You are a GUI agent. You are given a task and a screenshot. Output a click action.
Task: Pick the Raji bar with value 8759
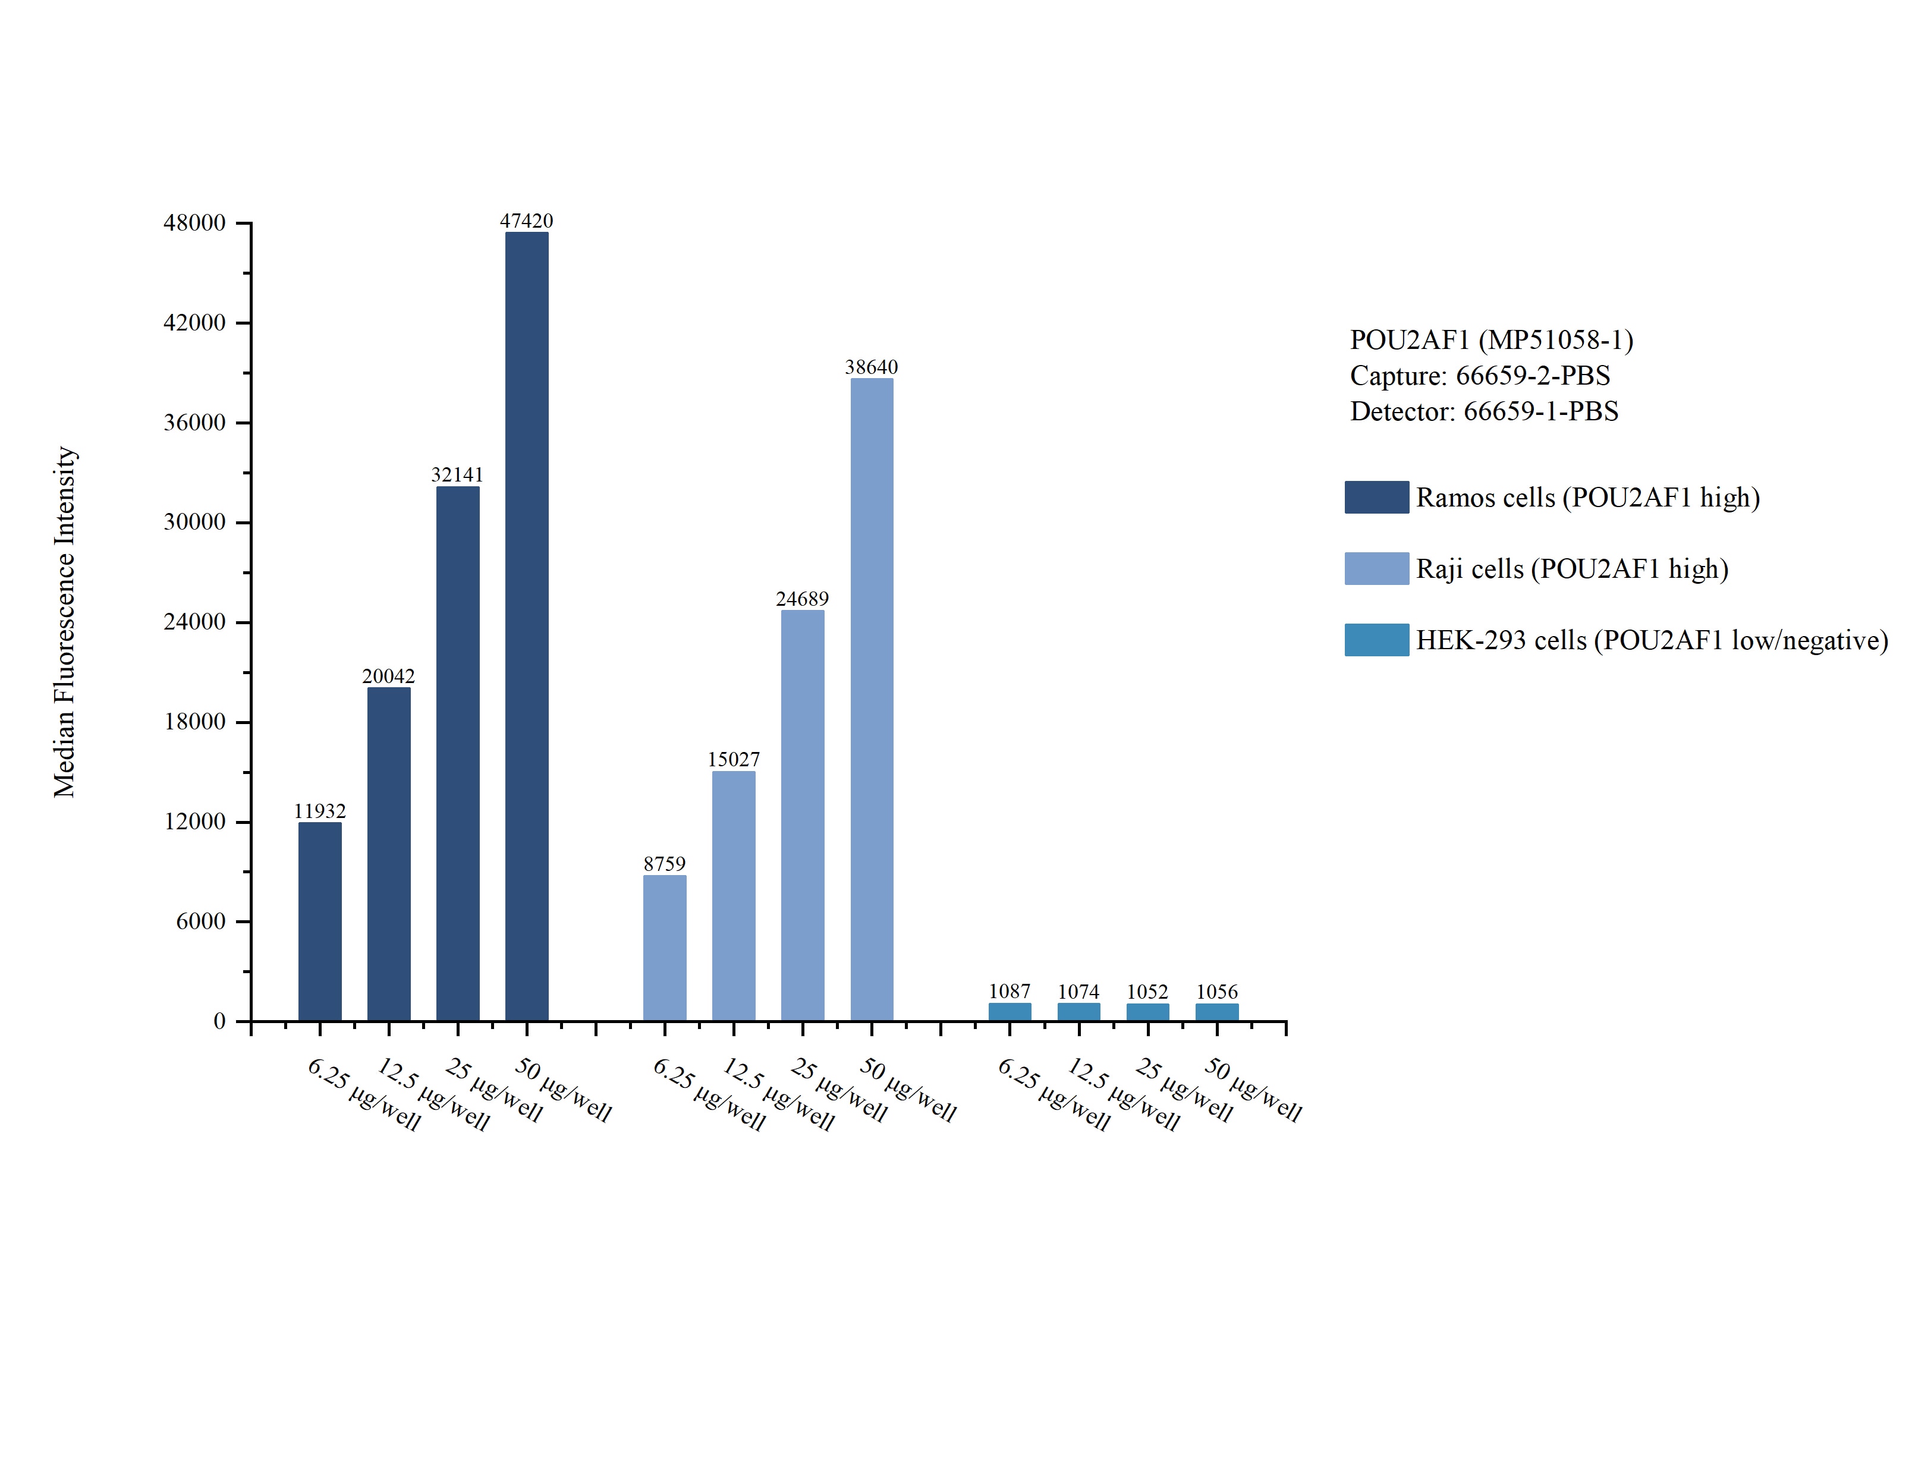pos(664,948)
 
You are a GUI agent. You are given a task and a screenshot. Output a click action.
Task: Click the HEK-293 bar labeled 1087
pos(1009,1011)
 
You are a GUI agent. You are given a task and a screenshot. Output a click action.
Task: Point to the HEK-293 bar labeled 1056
pos(1216,1012)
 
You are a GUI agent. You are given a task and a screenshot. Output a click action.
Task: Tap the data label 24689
pos(802,599)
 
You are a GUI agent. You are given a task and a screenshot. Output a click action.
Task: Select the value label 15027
pos(733,759)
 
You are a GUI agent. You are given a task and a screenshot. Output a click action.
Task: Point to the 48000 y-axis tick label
pos(194,223)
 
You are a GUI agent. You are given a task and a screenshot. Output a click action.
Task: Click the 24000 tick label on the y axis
pos(194,622)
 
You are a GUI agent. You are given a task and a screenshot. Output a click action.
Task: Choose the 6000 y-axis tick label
pos(200,921)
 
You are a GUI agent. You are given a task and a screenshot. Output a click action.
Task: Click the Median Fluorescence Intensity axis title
pos(64,622)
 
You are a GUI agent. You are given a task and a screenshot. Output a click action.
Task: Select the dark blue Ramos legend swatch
pos(1376,497)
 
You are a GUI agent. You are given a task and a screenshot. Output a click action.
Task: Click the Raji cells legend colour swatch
pos(1376,569)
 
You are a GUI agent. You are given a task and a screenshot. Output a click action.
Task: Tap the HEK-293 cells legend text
pos(1652,641)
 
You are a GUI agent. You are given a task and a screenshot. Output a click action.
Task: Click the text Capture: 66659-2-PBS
pos(1479,375)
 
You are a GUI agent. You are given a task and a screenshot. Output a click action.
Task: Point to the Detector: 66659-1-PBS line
pos(1483,411)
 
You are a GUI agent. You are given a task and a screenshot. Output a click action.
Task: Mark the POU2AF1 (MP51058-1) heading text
pos(1490,339)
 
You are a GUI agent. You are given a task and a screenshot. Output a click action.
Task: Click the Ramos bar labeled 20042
pos(388,854)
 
